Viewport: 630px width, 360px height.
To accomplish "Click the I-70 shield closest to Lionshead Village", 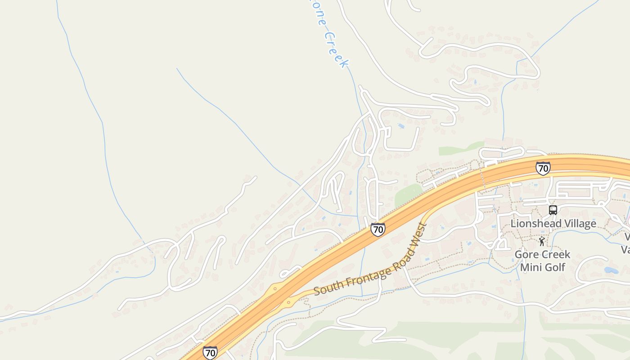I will pyautogui.click(x=543, y=168).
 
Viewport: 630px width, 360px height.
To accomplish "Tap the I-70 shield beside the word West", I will pyautogui.click(x=378, y=229).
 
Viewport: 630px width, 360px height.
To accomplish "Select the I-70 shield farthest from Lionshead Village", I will pyautogui.click(x=210, y=352).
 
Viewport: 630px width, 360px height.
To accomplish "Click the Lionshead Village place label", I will pyautogui.click(x=553, y=224).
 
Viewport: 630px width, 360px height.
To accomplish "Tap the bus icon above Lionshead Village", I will pyautogui.click(x=553, y=210).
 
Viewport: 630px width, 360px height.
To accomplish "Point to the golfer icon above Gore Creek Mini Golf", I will pyautogui.click(x=542, y=242).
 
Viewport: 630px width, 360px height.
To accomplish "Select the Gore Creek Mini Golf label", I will pyautogui.click(x=542, y=261).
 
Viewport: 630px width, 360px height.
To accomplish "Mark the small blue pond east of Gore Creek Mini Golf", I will pyautogui.click(x=611, y=270).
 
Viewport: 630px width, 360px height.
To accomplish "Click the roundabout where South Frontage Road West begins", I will pyautogui.click(x=289, y=303).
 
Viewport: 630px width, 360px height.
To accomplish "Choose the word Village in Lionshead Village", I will pyautogui.click(x=580, y=224).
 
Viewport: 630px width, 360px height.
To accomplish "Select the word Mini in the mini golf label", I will pyautogui.click(x=531, y=267).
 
